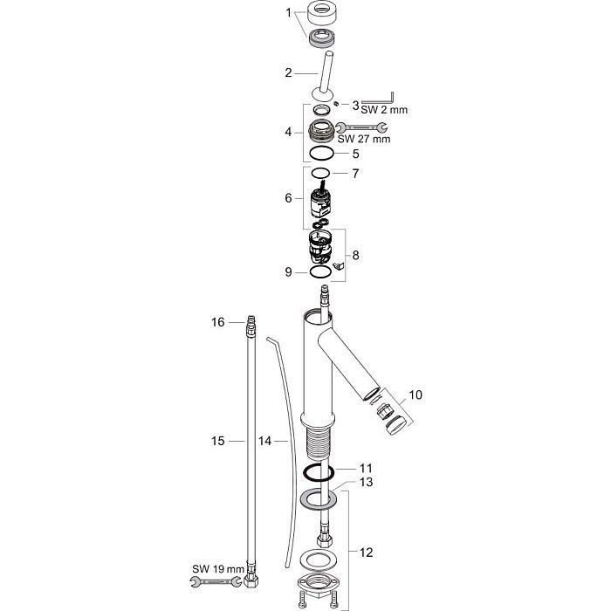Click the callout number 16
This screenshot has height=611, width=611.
(x=218, y=322)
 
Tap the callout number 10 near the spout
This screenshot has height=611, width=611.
(x=415, y=395)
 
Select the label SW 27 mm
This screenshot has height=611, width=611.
(x=364, y=139)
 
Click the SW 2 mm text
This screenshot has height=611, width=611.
(x=384, y=109)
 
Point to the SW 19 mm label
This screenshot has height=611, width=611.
(x=218, y=568)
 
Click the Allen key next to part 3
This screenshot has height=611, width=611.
(x=378, y=98)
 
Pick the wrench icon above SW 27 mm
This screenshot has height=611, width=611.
(x=361, y=127)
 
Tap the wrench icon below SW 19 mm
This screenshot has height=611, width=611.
(x=215, y=582)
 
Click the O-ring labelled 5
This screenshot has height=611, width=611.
(x=322, y=154)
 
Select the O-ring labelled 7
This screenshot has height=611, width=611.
(x=320, y=172)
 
